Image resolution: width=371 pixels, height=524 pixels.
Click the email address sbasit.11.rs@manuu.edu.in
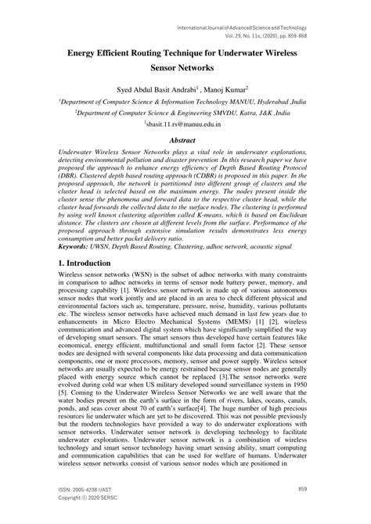click(185, 124)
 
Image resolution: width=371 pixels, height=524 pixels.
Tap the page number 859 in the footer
click(302, 489)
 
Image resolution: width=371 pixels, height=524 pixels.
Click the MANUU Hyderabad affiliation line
click(185, 102)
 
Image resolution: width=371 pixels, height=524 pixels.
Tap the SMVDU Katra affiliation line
click(185, 113)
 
